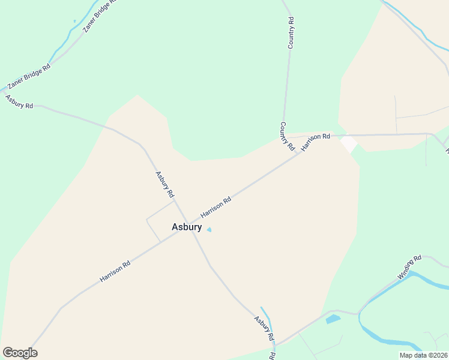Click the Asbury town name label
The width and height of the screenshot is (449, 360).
coord(187,227)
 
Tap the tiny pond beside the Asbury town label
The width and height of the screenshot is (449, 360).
coord(209,230)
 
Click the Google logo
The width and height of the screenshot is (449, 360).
coord(20,353)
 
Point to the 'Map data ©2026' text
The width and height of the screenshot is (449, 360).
coord(423,355)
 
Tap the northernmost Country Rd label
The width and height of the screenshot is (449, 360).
coord(291,33)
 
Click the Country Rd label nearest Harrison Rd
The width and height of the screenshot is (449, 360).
coord(288,136)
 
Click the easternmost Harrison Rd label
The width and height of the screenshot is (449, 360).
coord(316,142)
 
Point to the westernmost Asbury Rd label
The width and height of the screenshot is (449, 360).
coord(19,101)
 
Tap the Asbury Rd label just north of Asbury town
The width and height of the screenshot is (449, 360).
coord(164,185)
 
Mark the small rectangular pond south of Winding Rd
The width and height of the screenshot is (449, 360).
coord(333,319)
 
